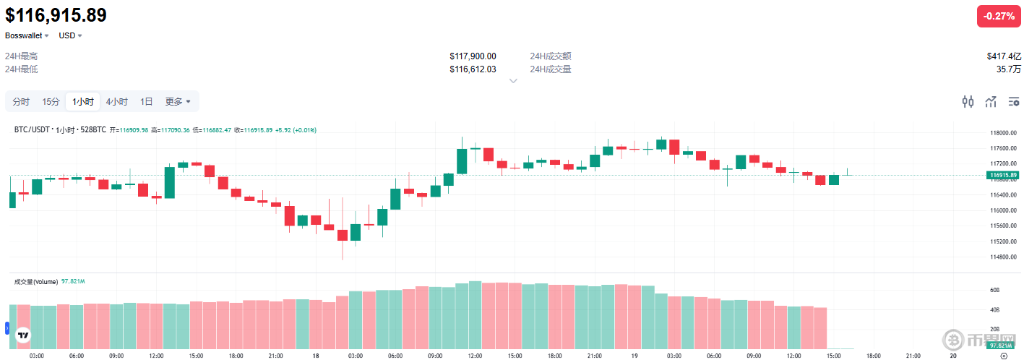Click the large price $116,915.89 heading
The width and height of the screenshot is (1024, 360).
(56, 15)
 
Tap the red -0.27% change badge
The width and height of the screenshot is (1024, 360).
(999, 16)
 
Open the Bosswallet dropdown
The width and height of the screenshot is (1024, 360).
(27, 35)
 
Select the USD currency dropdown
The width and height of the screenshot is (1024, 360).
(70, 35)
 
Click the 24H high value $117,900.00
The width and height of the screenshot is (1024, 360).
(473, 56)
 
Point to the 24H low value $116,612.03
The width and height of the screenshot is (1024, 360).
(473, 69)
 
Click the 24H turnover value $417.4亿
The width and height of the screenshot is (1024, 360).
(1004, 56)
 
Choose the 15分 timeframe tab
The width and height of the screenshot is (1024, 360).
(51, 102)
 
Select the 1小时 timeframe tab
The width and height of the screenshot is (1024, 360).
(82, 102)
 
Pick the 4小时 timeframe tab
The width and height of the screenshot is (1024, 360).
(116, 102)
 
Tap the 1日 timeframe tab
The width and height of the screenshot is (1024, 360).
(146, 102)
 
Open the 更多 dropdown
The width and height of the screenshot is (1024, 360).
(178, 102)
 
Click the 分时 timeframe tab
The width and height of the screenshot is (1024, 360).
(21, 102)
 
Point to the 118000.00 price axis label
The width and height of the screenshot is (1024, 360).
(1004, 134)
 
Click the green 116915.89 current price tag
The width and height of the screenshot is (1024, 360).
(1004, 175)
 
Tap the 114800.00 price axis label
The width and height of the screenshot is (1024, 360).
(1004, 257)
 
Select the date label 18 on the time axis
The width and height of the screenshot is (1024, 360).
(316, 356)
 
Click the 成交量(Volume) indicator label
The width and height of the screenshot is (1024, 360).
(35, 281)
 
